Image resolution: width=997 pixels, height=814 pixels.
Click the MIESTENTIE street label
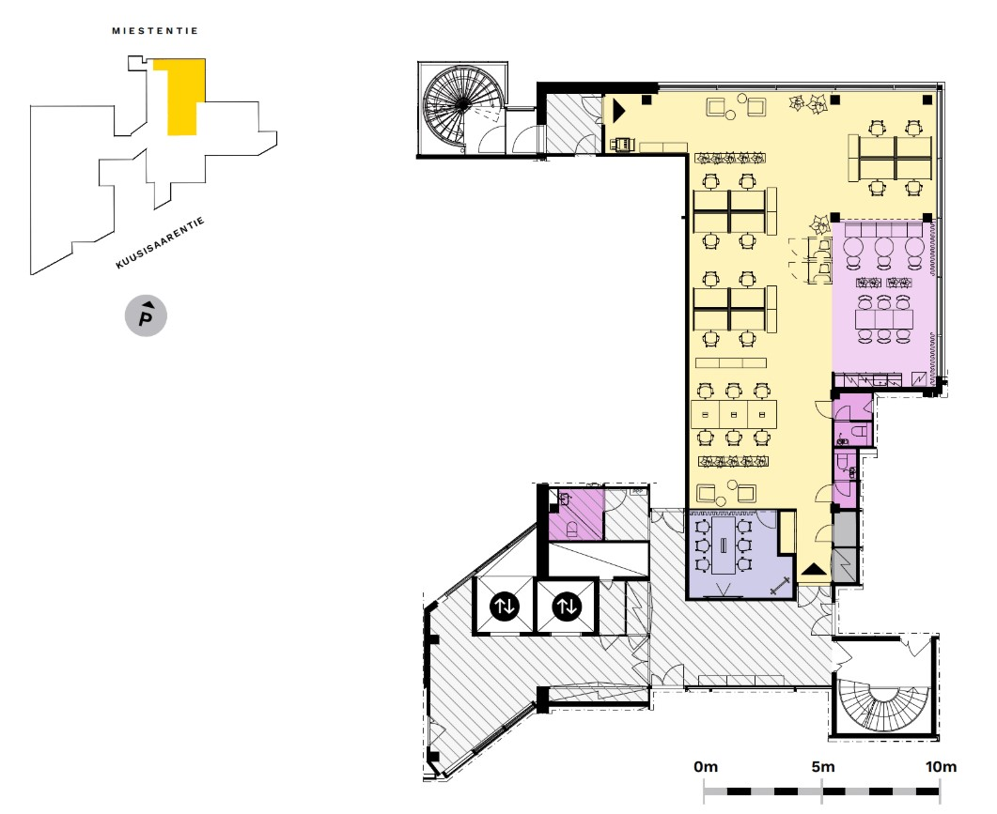[155, 31]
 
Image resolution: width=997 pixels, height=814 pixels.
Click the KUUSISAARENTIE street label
[160, 243]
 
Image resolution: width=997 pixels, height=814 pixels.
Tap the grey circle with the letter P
[146, 317]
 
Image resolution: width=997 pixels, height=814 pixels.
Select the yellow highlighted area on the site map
[180, 94]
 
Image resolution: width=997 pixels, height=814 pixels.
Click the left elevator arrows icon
[505, 607]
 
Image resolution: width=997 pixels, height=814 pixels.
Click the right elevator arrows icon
[566, 607]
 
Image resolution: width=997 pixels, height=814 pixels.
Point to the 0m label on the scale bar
[705, 767]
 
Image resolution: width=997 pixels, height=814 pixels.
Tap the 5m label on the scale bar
[822, 767]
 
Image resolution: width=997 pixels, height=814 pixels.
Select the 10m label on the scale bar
[940, 767]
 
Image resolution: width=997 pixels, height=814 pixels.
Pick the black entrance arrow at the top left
[618, 111]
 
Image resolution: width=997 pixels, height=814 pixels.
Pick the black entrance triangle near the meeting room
[814, 568]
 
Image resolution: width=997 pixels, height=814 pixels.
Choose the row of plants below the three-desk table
[733, 461]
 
